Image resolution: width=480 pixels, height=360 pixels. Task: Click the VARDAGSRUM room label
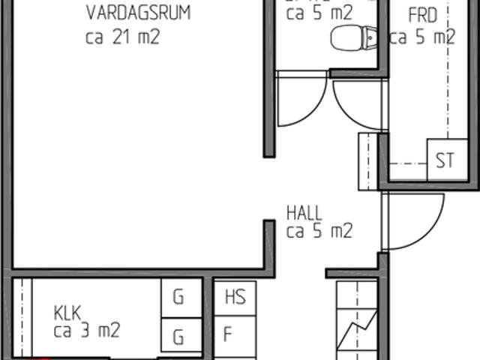tap(137, 13)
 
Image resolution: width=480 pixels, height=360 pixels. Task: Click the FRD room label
tap(422, 14)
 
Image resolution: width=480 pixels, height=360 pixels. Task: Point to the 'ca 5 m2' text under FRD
tap(422, 37)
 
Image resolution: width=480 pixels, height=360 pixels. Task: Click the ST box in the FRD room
tap(444, 160)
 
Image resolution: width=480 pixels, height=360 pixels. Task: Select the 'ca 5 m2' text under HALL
tap(319, 231)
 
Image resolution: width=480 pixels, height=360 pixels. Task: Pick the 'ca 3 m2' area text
tap(86, 329)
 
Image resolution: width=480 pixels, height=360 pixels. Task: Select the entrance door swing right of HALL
tap(409, 225)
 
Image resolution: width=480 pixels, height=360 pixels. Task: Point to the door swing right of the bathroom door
tap(356, 101)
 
